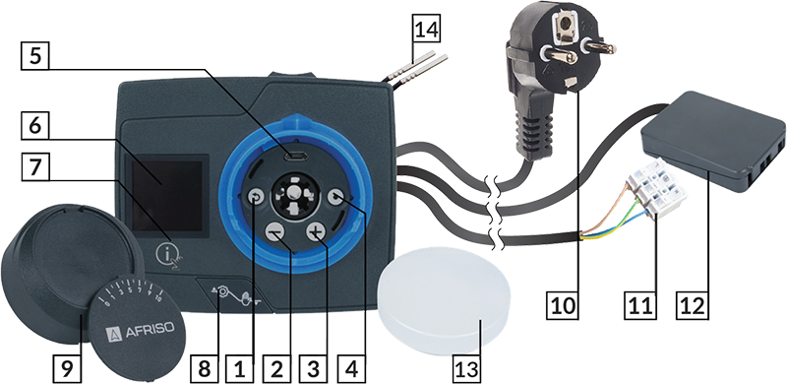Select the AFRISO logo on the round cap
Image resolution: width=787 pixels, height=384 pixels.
point(141,330)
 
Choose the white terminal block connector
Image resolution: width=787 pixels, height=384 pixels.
point(656,188)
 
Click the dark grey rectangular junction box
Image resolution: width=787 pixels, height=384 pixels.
point(712,142)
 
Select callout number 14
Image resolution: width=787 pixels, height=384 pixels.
point(426,30)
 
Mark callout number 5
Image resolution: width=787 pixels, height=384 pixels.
point(35,55)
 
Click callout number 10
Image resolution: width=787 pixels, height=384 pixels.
point(563,304)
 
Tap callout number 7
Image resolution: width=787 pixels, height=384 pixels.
point(35,167)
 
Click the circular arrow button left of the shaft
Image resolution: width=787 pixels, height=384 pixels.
point(255,198)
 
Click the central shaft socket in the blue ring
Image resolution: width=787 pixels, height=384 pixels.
point(294,197)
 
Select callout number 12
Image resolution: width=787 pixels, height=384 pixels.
point(696,304)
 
